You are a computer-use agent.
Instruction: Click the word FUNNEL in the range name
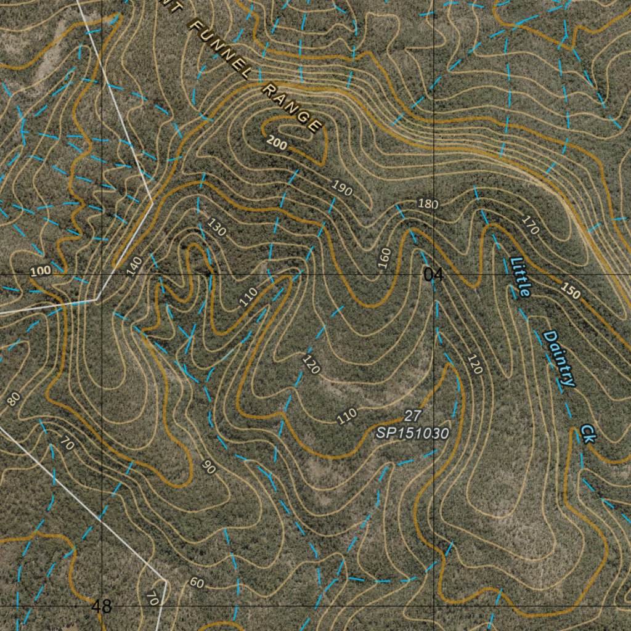click(x=220, y=51)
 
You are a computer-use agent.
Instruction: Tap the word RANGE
click(x=291, y=108)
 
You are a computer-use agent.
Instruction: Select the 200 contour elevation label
click(x=277, y=144)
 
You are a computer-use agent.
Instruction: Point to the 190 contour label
click(x=342, y=188)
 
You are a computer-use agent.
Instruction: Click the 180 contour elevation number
click(x=428, y=203)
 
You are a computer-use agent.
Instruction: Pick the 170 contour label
click(x=530, y=225)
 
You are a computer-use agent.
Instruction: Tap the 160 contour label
click(x=385, y=258)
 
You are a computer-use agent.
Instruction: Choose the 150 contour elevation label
click(x=571, y=291)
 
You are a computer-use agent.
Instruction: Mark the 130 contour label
click(x=216, y=229)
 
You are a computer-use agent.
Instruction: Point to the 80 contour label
click(x=14, y=399)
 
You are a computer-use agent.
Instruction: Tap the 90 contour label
click(x=210, y=468)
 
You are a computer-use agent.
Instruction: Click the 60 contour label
click(x=197, y=582)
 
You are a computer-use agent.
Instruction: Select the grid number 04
click(x=433, y=275)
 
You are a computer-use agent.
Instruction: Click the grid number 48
click(x=102, y=606)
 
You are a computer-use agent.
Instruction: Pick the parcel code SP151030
click(x=412, y=433)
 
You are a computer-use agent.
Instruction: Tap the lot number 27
click(x=412, y=415)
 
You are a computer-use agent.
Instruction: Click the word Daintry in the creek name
click(x=560, y=359)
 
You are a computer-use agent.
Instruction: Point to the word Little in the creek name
click(x=520, y=277)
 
